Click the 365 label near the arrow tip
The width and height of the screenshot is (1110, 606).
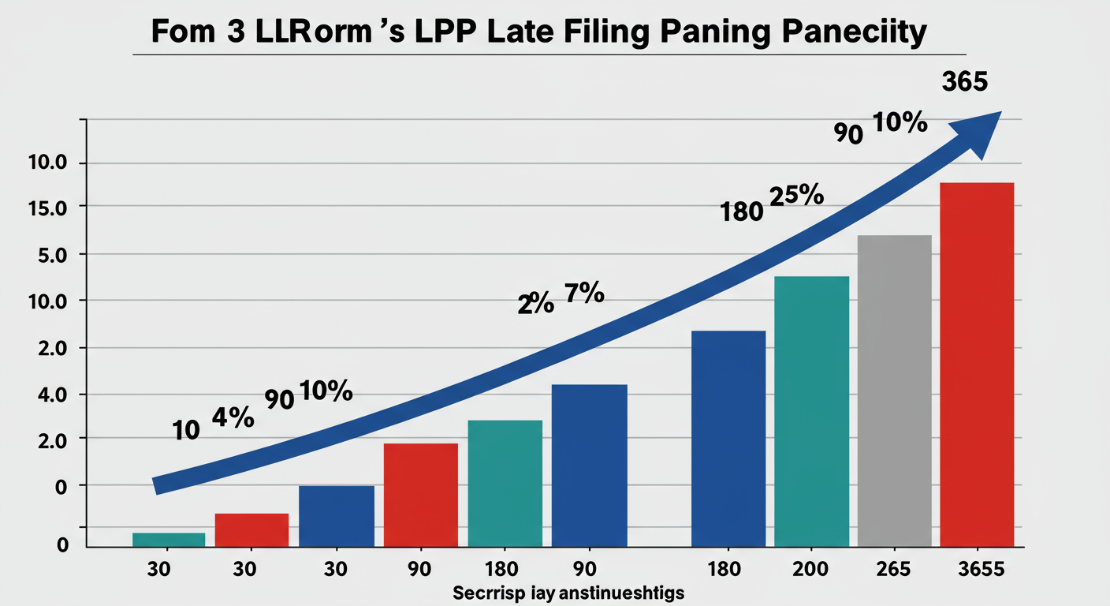tap(963, 83)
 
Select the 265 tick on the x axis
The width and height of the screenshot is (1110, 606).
tap(893, 569)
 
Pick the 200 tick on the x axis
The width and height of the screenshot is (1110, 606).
tap(810, 569)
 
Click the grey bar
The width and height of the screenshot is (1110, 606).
tap(894, 391)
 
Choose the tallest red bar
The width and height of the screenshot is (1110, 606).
tap(977, 365)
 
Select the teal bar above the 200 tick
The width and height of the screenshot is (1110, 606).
tap(811, 411)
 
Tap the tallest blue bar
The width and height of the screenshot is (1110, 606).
tap(728, 438)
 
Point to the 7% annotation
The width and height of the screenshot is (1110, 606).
tap(584, 295)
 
